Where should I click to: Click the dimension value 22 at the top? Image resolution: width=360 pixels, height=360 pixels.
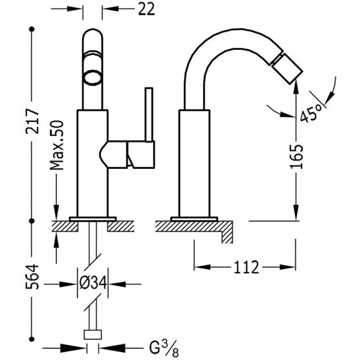(146, 9)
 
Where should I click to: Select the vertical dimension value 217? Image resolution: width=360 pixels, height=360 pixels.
(33, 122)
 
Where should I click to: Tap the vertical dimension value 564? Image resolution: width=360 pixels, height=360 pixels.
(32, 277)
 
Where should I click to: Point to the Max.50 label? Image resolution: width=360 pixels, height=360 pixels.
(56, 145)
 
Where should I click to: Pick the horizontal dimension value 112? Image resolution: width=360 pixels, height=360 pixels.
(246, 267)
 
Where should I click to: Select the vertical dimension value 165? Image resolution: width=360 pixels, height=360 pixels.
(296, 157)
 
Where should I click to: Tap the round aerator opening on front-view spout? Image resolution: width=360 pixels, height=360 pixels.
(92, 78)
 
